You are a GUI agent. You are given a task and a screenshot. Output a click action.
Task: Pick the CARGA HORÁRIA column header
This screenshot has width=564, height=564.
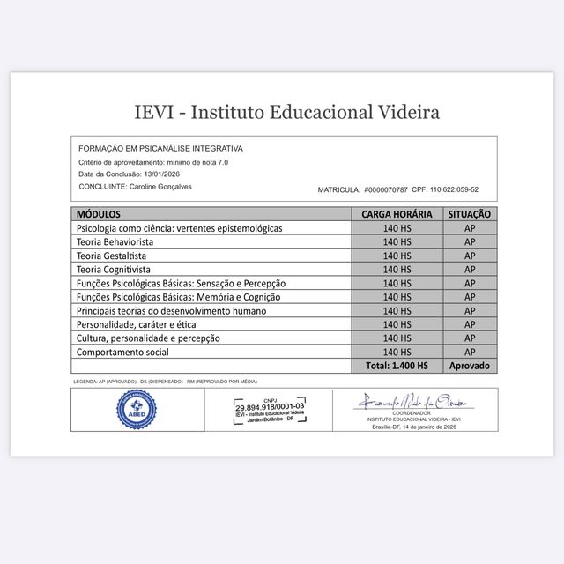(x=397, y=214)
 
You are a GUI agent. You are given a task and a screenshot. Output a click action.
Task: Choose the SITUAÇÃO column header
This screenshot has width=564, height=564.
(x=469, y=214)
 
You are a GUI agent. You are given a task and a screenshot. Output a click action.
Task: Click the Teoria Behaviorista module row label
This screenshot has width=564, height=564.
(x=115, y=241)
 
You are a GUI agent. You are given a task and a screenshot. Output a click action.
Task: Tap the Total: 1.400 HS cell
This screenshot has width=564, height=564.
(x=397, y=366)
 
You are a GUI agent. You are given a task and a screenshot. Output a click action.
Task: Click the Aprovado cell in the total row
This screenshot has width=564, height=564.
(x=469, y=366)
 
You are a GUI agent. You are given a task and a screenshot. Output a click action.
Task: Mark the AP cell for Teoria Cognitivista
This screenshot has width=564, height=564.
(x=469, y=269)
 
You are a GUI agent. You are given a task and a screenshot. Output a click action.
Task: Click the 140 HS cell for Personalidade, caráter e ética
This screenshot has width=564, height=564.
(x=397, y=324)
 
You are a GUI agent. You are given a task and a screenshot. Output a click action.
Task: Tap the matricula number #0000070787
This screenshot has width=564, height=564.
(x=386, y=189)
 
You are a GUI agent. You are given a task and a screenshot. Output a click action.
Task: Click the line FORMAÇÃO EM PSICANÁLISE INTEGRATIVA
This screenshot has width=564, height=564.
(x=160, y=149)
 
